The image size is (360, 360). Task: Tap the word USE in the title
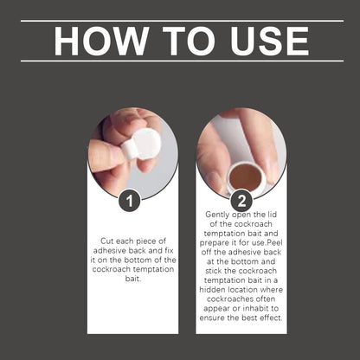point(270,41)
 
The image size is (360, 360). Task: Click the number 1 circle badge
point(130,201)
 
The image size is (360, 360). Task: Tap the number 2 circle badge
point(241,201)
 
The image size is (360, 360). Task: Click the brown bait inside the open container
point(246,177)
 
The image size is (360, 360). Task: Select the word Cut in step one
point(106,241)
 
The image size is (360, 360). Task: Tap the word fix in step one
point(169,250)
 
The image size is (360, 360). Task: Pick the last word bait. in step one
point(133,279)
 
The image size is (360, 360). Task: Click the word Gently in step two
point(217,215)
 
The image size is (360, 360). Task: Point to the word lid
point(271,215)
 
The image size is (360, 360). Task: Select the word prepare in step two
point(214,243)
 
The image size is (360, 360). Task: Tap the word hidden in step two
point(213,289)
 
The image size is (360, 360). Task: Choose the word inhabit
point(255,308)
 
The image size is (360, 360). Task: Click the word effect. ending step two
point(271,318)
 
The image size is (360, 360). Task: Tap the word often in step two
point(266,299)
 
